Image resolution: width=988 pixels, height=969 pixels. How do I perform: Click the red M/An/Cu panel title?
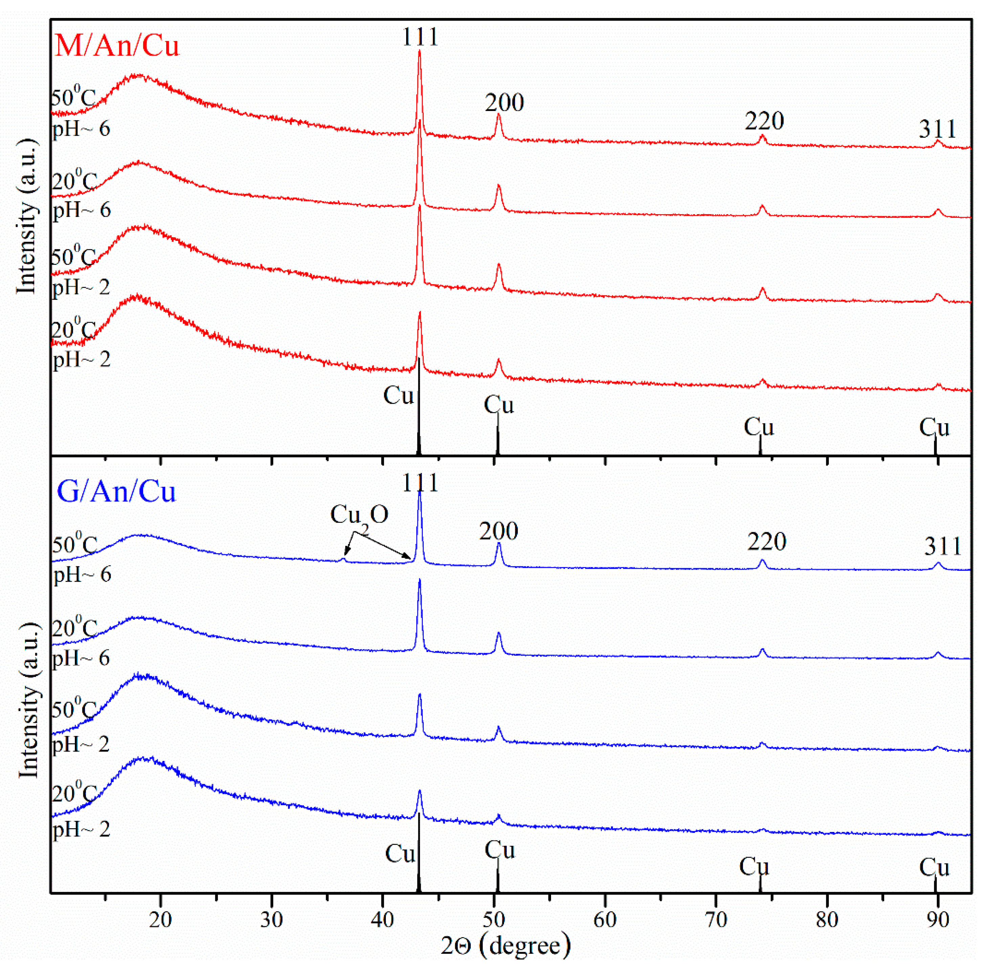tap(116, 46)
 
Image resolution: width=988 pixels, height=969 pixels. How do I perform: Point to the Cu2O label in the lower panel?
tap(359, 515)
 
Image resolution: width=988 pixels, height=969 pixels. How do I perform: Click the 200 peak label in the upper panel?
tap(504, 103)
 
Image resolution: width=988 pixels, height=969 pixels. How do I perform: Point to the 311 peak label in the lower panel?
tap(943, 547)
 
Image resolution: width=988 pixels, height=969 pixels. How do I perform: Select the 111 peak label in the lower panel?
tap(420, 483)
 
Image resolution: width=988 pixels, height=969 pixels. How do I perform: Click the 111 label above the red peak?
tap(420, 37)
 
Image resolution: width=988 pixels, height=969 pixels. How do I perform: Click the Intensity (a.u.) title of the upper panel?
tap(26, 216)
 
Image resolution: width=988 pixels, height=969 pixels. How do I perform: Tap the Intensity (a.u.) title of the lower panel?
tap(28, 700)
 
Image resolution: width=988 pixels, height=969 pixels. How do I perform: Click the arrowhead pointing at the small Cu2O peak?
tap(346, 553)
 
